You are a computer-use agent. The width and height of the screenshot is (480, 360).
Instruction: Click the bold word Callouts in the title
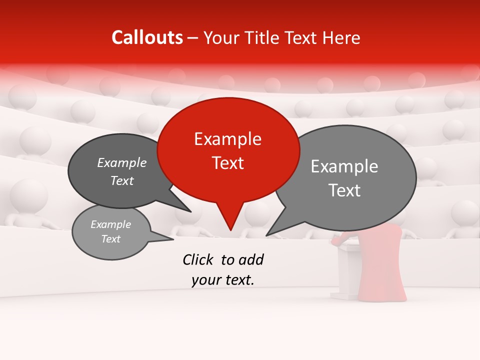tap(147, 37)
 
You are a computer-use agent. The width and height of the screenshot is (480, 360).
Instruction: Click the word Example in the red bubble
tap(227, 139)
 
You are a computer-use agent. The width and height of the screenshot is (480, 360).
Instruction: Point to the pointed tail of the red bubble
tap(230, 227)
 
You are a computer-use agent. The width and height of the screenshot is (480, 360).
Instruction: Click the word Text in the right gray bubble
tap(344, 190)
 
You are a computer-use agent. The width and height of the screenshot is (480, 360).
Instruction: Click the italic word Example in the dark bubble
tap(121, 163)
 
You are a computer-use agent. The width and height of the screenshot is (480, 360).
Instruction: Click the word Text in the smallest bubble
tap(110, 239)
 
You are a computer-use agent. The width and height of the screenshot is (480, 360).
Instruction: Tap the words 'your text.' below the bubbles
tap(223, 280)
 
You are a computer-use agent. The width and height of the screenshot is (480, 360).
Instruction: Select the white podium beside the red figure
tap(347, 270)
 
